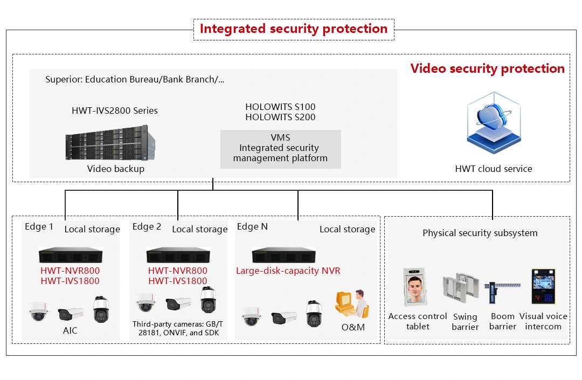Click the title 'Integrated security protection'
(294, 29)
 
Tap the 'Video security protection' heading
(487, 68)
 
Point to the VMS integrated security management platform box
(280, 148)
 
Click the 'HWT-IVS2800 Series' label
(115, 110)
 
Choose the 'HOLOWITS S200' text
(280, 117)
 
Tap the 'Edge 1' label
(39, 227)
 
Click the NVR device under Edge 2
(178, 254)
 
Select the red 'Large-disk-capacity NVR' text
(288, 271)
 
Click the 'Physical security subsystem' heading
(480, 233)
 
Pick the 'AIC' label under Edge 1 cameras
(70, 330)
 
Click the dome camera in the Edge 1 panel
(39, 312)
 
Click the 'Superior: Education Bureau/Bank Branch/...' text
(135, 80)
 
